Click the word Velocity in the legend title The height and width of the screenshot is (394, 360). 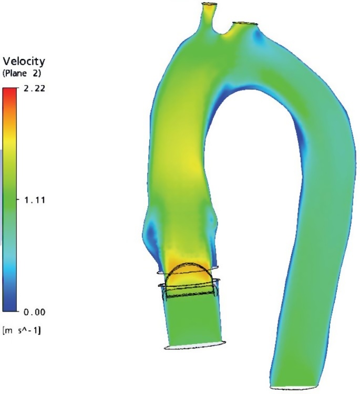tap(24, 61)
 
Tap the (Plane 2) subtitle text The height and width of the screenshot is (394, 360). tap(22, 74)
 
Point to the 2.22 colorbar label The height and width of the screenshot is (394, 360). tap(35, 88)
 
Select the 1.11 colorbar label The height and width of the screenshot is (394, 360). tap(35, 200)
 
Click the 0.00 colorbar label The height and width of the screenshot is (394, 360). tap(35, 312)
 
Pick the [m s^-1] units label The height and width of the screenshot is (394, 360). tap(22, 330)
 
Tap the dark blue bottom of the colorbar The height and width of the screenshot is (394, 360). tap(9, 305)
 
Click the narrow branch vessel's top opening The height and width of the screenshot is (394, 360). tap(209, 4)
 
